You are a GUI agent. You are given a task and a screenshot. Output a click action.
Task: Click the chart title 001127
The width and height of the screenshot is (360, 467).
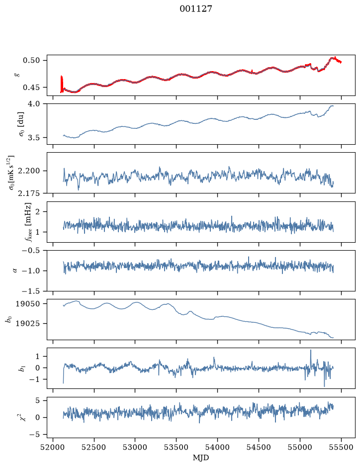(195, 8)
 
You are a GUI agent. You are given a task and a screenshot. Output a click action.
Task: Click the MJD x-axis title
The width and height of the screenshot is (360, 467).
(201, 458)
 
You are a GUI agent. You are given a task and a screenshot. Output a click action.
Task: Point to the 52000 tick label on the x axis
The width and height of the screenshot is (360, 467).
(53, 447)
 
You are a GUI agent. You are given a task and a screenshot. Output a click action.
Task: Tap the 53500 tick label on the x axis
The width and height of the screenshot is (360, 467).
(177, 447)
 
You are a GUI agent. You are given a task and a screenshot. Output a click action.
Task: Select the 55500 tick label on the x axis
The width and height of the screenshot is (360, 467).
(341, 447)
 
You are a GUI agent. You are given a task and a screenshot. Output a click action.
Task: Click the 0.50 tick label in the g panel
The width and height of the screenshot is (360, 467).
(31, 61)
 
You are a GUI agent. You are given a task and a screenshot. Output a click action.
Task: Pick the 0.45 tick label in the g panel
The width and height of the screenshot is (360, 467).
(31, 88)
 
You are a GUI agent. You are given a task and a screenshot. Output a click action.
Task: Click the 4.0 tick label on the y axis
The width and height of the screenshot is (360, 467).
(33, 103)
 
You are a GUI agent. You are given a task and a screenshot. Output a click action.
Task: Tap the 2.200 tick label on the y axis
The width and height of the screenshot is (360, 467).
(28, 171)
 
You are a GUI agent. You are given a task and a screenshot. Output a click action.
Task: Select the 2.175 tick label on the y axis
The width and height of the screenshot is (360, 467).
(28, 193)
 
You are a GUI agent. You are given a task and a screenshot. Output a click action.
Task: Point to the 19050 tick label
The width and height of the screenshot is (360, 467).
(27, 304)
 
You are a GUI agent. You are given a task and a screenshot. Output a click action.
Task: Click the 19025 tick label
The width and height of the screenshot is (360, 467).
(27, 323)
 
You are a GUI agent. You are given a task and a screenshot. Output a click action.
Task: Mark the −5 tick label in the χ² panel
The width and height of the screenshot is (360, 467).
(34, 435)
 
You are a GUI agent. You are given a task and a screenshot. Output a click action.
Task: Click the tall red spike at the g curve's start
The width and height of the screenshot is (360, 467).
(62, 84)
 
